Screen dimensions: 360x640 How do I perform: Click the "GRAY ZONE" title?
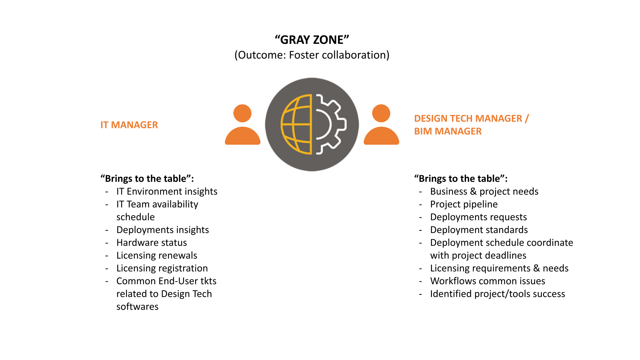pos(312,40)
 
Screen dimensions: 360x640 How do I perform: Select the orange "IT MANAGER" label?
pos(129,125)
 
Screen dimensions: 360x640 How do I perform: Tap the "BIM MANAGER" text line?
pos(448,131)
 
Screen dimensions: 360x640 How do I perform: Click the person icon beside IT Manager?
pos(243,125)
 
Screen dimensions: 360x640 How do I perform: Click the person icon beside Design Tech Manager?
pos(381,125)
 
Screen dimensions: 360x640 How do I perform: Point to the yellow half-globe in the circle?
pos(296,124)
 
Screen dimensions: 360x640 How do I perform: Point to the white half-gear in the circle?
pos(330,124)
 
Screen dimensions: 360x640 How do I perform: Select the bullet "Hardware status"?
pos(151,243)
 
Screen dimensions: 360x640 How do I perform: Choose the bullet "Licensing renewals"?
pos(157,255)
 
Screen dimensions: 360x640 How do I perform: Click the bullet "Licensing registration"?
pos(162,268)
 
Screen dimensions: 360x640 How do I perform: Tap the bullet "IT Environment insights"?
pos(167,191)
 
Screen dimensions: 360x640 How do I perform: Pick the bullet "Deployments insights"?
pos(162,230)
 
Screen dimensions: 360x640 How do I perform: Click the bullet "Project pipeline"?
pos(464,204)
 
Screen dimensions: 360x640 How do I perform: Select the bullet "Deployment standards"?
pos(479,230)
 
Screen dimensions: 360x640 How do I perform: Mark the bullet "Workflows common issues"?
pos(487,281)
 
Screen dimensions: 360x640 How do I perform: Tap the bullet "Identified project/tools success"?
pos(497,294)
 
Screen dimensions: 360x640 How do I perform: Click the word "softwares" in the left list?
pos(137,307)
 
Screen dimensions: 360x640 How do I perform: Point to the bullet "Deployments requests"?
pos(478,217)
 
